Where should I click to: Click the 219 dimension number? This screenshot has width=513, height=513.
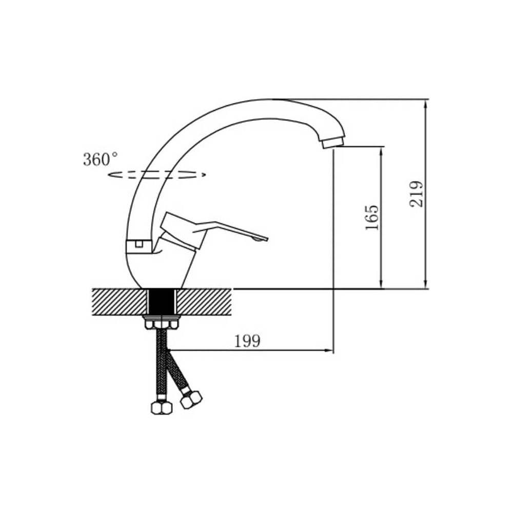point(416,194)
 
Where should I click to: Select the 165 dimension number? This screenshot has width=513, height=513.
point(371,218)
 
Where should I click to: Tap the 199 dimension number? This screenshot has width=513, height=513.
point(247,341)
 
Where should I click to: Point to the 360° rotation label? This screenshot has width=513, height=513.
point(101,160)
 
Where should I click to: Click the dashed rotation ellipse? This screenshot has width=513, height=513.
point(157,174)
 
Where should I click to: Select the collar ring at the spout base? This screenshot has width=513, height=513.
point(139,247)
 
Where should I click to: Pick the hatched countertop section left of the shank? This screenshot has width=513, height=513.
point(120,302)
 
